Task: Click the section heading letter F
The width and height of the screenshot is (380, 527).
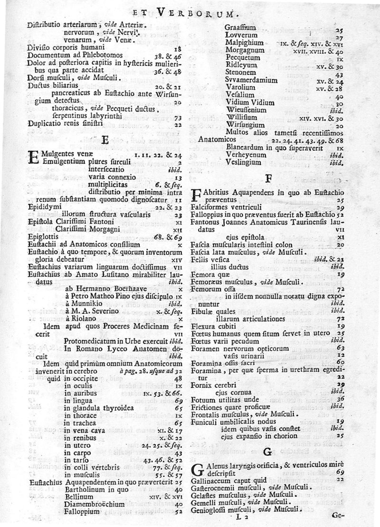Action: click(268, 179)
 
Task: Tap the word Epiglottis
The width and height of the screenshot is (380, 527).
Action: click(42, 235)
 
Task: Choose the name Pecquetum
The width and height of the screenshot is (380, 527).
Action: click(242, 56)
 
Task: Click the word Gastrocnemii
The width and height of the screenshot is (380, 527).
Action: click(216, 488)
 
